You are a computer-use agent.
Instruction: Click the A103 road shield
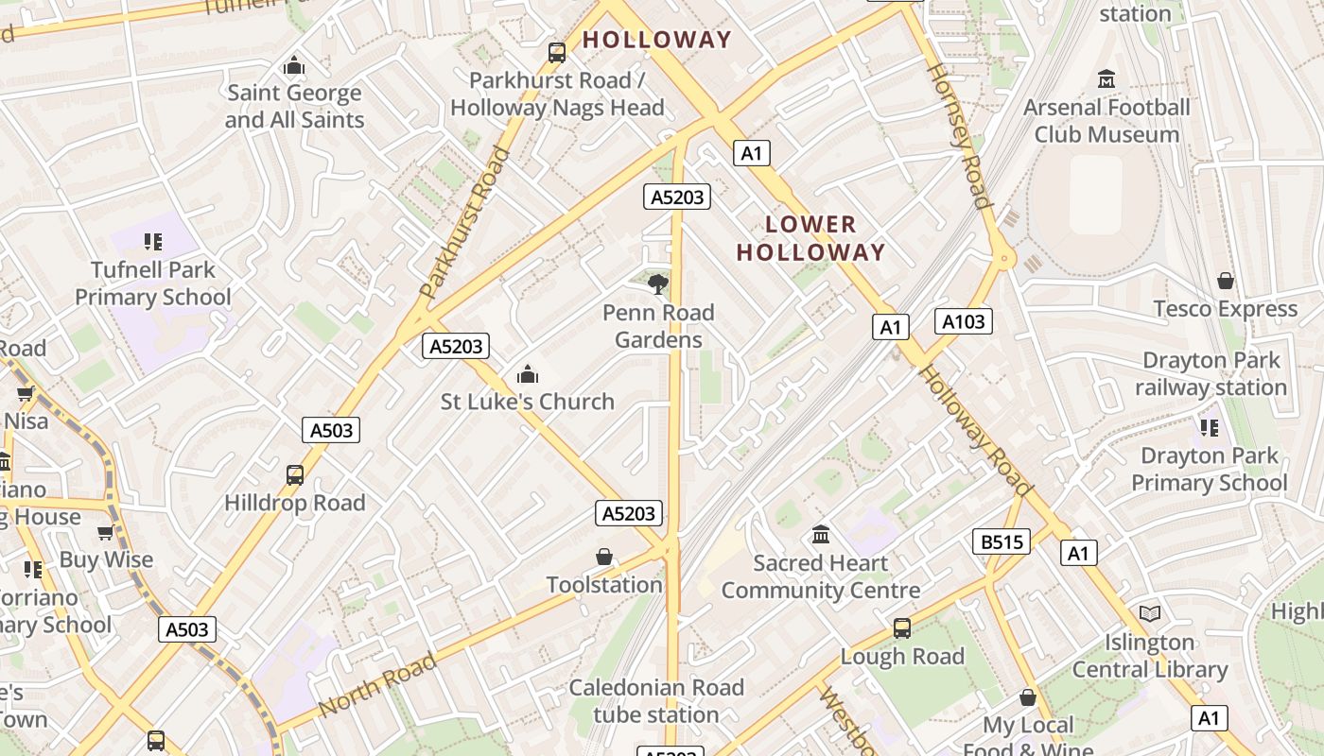tap(964, 321)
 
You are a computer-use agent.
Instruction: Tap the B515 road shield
tap(1001, 541)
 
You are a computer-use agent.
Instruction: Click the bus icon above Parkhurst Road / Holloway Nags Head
tap(557, 53)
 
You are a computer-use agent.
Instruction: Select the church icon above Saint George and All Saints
tap(294, 65)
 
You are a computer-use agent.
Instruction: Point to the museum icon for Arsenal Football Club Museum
tap(1106, 79)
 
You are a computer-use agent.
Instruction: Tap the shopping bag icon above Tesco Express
tap(1226, 281)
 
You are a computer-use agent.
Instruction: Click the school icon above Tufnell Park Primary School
tap(153, 242)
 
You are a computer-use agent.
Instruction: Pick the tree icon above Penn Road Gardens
tap(658, 283)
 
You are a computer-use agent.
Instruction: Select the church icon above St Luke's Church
tap(528, 374)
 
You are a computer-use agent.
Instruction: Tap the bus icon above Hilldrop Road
tap(295, 474)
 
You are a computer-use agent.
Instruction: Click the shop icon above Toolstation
tap(604, 558)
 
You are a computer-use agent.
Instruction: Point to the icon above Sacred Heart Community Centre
tap(821, 535)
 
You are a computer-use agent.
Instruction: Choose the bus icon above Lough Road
tap(902, 628)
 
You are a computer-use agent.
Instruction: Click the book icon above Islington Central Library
tap(1150, 614)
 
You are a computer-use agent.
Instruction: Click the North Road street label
tap(377, 684)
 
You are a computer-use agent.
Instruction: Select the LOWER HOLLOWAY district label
tap(811, 238)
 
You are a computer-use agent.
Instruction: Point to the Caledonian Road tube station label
tap(656, 700)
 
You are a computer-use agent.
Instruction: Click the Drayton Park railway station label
tap(1211, 373)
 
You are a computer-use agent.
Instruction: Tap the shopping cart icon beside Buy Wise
tap(105, 533)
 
